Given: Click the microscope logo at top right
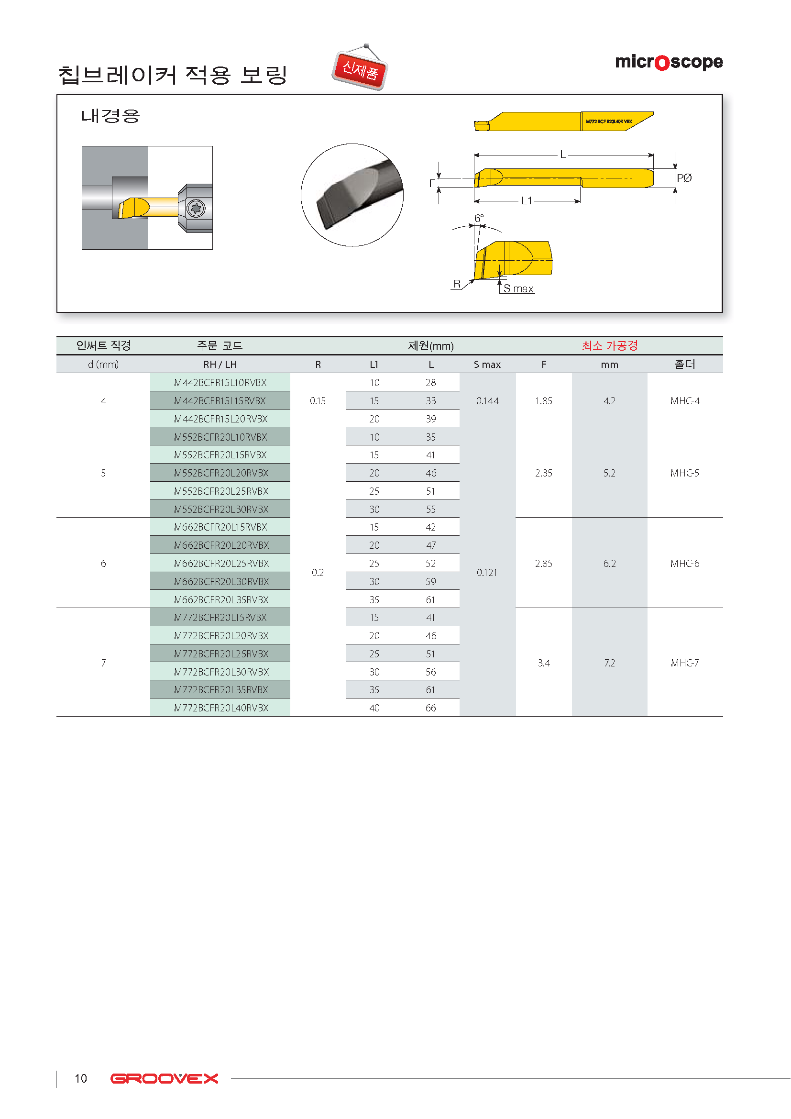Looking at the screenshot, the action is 669,62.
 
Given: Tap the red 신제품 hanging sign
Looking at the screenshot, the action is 360,70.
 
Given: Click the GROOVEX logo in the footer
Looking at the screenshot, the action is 164,1078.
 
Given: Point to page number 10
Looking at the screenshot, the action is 81,1078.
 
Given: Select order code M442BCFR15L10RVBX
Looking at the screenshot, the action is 220,383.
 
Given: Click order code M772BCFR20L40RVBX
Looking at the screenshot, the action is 221,708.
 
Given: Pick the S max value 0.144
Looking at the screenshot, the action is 487,400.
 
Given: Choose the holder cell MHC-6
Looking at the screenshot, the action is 684,564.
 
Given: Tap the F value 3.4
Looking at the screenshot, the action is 544,663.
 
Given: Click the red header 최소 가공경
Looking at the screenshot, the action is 610,345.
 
